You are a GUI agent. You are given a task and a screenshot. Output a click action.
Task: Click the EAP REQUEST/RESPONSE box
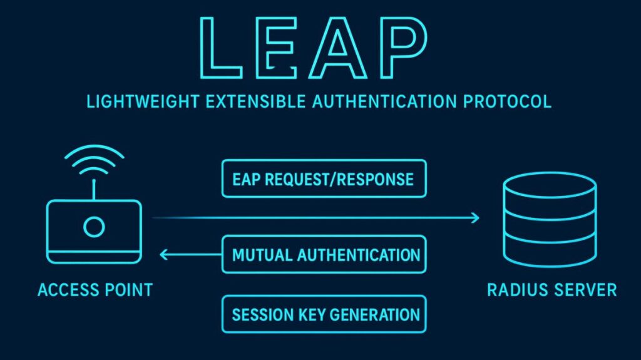point(324,179)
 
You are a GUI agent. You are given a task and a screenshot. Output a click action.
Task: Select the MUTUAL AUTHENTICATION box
point(324,255)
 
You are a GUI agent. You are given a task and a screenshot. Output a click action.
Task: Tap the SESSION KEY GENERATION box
point(324,314)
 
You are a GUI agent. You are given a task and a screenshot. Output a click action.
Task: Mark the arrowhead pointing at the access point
point(165,255)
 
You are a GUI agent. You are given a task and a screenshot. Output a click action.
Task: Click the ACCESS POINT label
point(95,290)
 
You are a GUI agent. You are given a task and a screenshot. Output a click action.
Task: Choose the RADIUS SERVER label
point(551,290)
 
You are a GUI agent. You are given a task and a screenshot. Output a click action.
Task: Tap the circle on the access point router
point(95,227)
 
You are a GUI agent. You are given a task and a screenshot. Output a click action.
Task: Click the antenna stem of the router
point(95,188)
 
